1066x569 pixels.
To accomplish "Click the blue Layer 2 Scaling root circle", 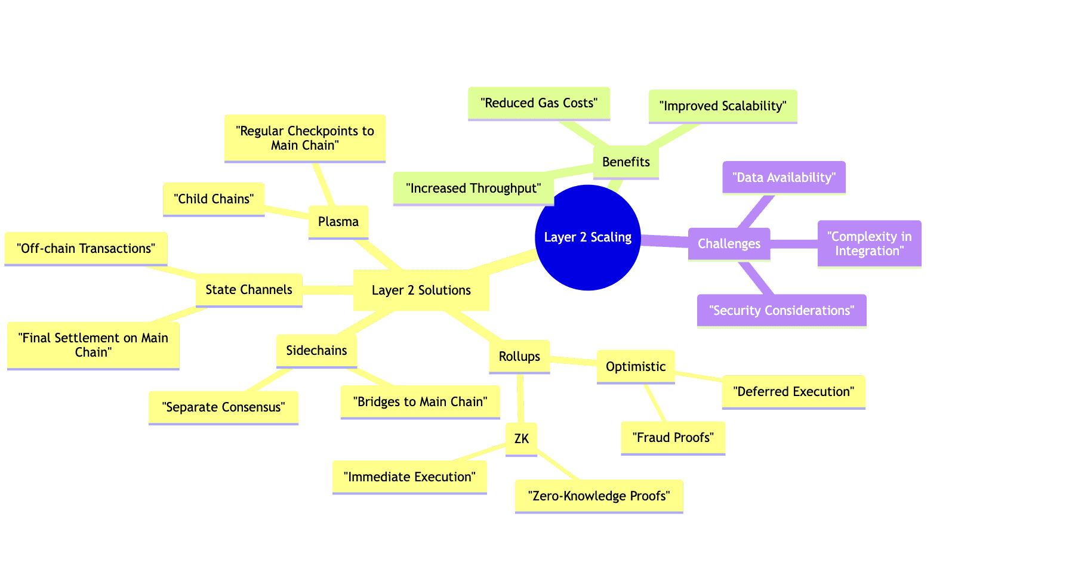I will pos(587,237).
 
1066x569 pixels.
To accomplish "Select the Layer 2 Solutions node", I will pos(421,290).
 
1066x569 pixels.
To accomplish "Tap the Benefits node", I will pos(626,162).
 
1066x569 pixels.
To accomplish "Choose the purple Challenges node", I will pos(729,244).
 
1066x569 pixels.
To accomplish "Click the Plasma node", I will pos(338,222).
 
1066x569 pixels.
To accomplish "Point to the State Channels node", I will pos(249,290).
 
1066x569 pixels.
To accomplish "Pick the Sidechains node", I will pos(316,351).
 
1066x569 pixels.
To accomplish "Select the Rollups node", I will pos(519,357).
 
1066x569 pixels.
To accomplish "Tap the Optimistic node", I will pos(635,367).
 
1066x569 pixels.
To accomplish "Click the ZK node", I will pos(521,439).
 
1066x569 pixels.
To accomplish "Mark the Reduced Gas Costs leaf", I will pos(538,103).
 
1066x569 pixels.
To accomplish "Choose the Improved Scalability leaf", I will pos(722,106).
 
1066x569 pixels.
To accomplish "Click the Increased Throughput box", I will pos(473,188).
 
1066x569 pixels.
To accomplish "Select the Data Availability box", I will pos(784,178).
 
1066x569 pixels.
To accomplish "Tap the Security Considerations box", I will pos(781,311).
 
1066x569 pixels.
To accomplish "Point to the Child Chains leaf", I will pos(214,199).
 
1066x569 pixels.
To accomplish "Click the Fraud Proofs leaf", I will pos(673,438).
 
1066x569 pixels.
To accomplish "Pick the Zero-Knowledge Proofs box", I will pos(599,496).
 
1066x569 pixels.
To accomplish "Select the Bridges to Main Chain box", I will pos(420,402).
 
